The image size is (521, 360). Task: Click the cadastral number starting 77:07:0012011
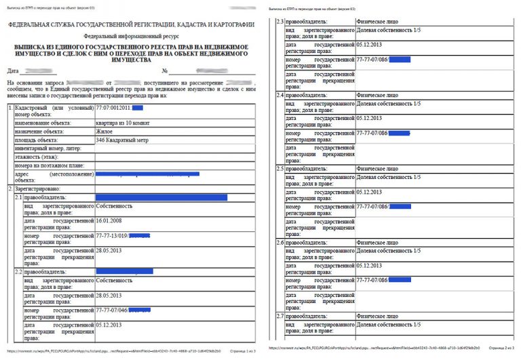point(119,108)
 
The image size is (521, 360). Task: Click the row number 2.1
point(18,197)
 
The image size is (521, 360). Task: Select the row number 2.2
point(18,271)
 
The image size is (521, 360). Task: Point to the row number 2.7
point(279,317)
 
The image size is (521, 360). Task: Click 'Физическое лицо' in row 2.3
point(377,22)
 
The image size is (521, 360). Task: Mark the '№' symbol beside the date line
point(164,71)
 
